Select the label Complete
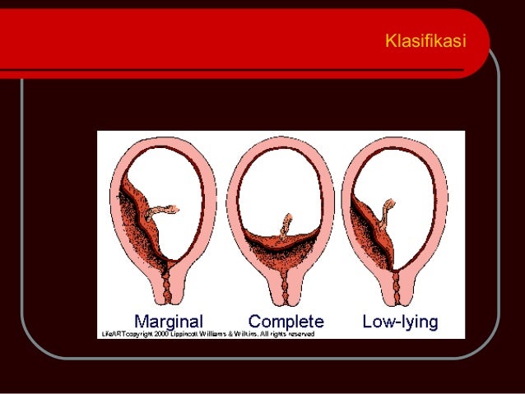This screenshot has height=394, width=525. point(286,320)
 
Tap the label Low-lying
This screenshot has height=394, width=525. point(401,320)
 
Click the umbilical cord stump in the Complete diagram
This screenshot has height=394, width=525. point(286,224)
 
